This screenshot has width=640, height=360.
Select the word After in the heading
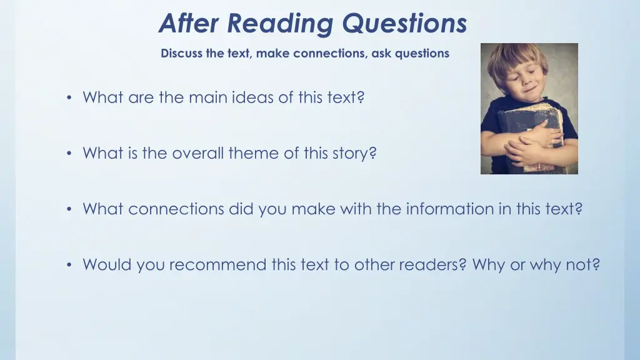pos(190,24)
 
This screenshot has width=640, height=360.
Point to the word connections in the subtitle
pos(329,54)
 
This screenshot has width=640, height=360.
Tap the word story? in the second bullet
pos(354,153)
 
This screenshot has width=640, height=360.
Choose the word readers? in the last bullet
pos(431,265)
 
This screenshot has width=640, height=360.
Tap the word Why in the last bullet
pos(489,265)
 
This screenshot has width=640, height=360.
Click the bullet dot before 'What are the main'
pos(69,98)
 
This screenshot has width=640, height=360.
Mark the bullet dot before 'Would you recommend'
pos(69,266)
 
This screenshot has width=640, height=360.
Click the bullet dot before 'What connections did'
pos(69,209)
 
